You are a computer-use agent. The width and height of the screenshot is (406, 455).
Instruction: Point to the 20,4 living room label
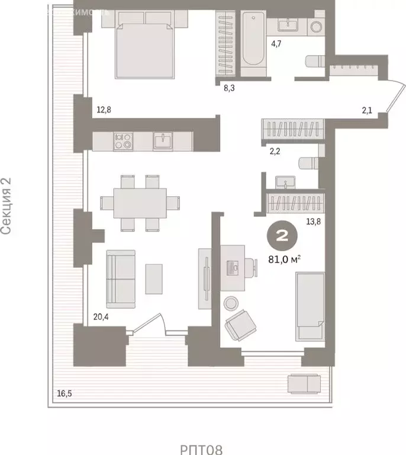click(102, 316)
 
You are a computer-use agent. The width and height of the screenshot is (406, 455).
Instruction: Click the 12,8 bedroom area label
click(104, 109)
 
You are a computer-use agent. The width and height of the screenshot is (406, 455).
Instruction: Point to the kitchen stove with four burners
click(123, 140)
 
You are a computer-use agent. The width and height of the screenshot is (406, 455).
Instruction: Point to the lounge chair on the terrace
click(307, 384)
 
